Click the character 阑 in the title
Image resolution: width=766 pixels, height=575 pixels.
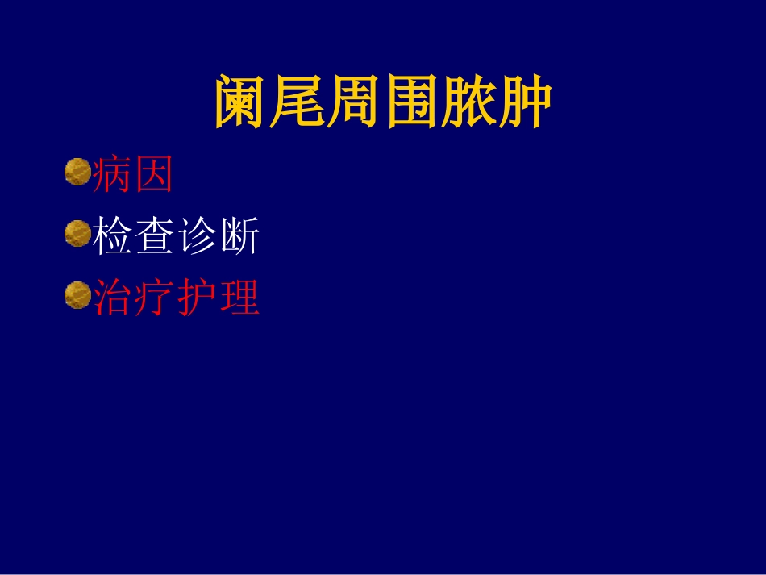(x=242, y=102)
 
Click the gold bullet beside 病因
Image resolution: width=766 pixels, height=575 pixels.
(x=77, y=172)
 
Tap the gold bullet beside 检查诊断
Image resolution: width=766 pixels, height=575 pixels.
(x=77, y=235)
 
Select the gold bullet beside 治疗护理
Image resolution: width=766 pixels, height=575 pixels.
(x=77, y=296)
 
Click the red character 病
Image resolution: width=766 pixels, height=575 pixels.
(x=114, y=174)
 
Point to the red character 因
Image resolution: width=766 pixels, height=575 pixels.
(x=155, y=174)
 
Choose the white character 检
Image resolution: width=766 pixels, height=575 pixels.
(x=114, y=237)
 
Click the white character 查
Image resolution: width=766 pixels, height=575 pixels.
(x=155, y=237)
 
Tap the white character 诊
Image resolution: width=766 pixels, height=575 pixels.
(x=197, y=237)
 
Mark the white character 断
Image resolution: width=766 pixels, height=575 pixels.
(x=239, y=237)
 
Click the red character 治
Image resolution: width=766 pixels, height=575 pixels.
(x=114, y=298)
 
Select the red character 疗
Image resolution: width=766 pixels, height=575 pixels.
(x=155, y=298)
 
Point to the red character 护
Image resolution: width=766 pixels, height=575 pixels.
(x=197, y=298)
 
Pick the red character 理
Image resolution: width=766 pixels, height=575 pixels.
(x=239, y=298)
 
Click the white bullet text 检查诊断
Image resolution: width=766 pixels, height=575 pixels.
(x=177, y=237)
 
